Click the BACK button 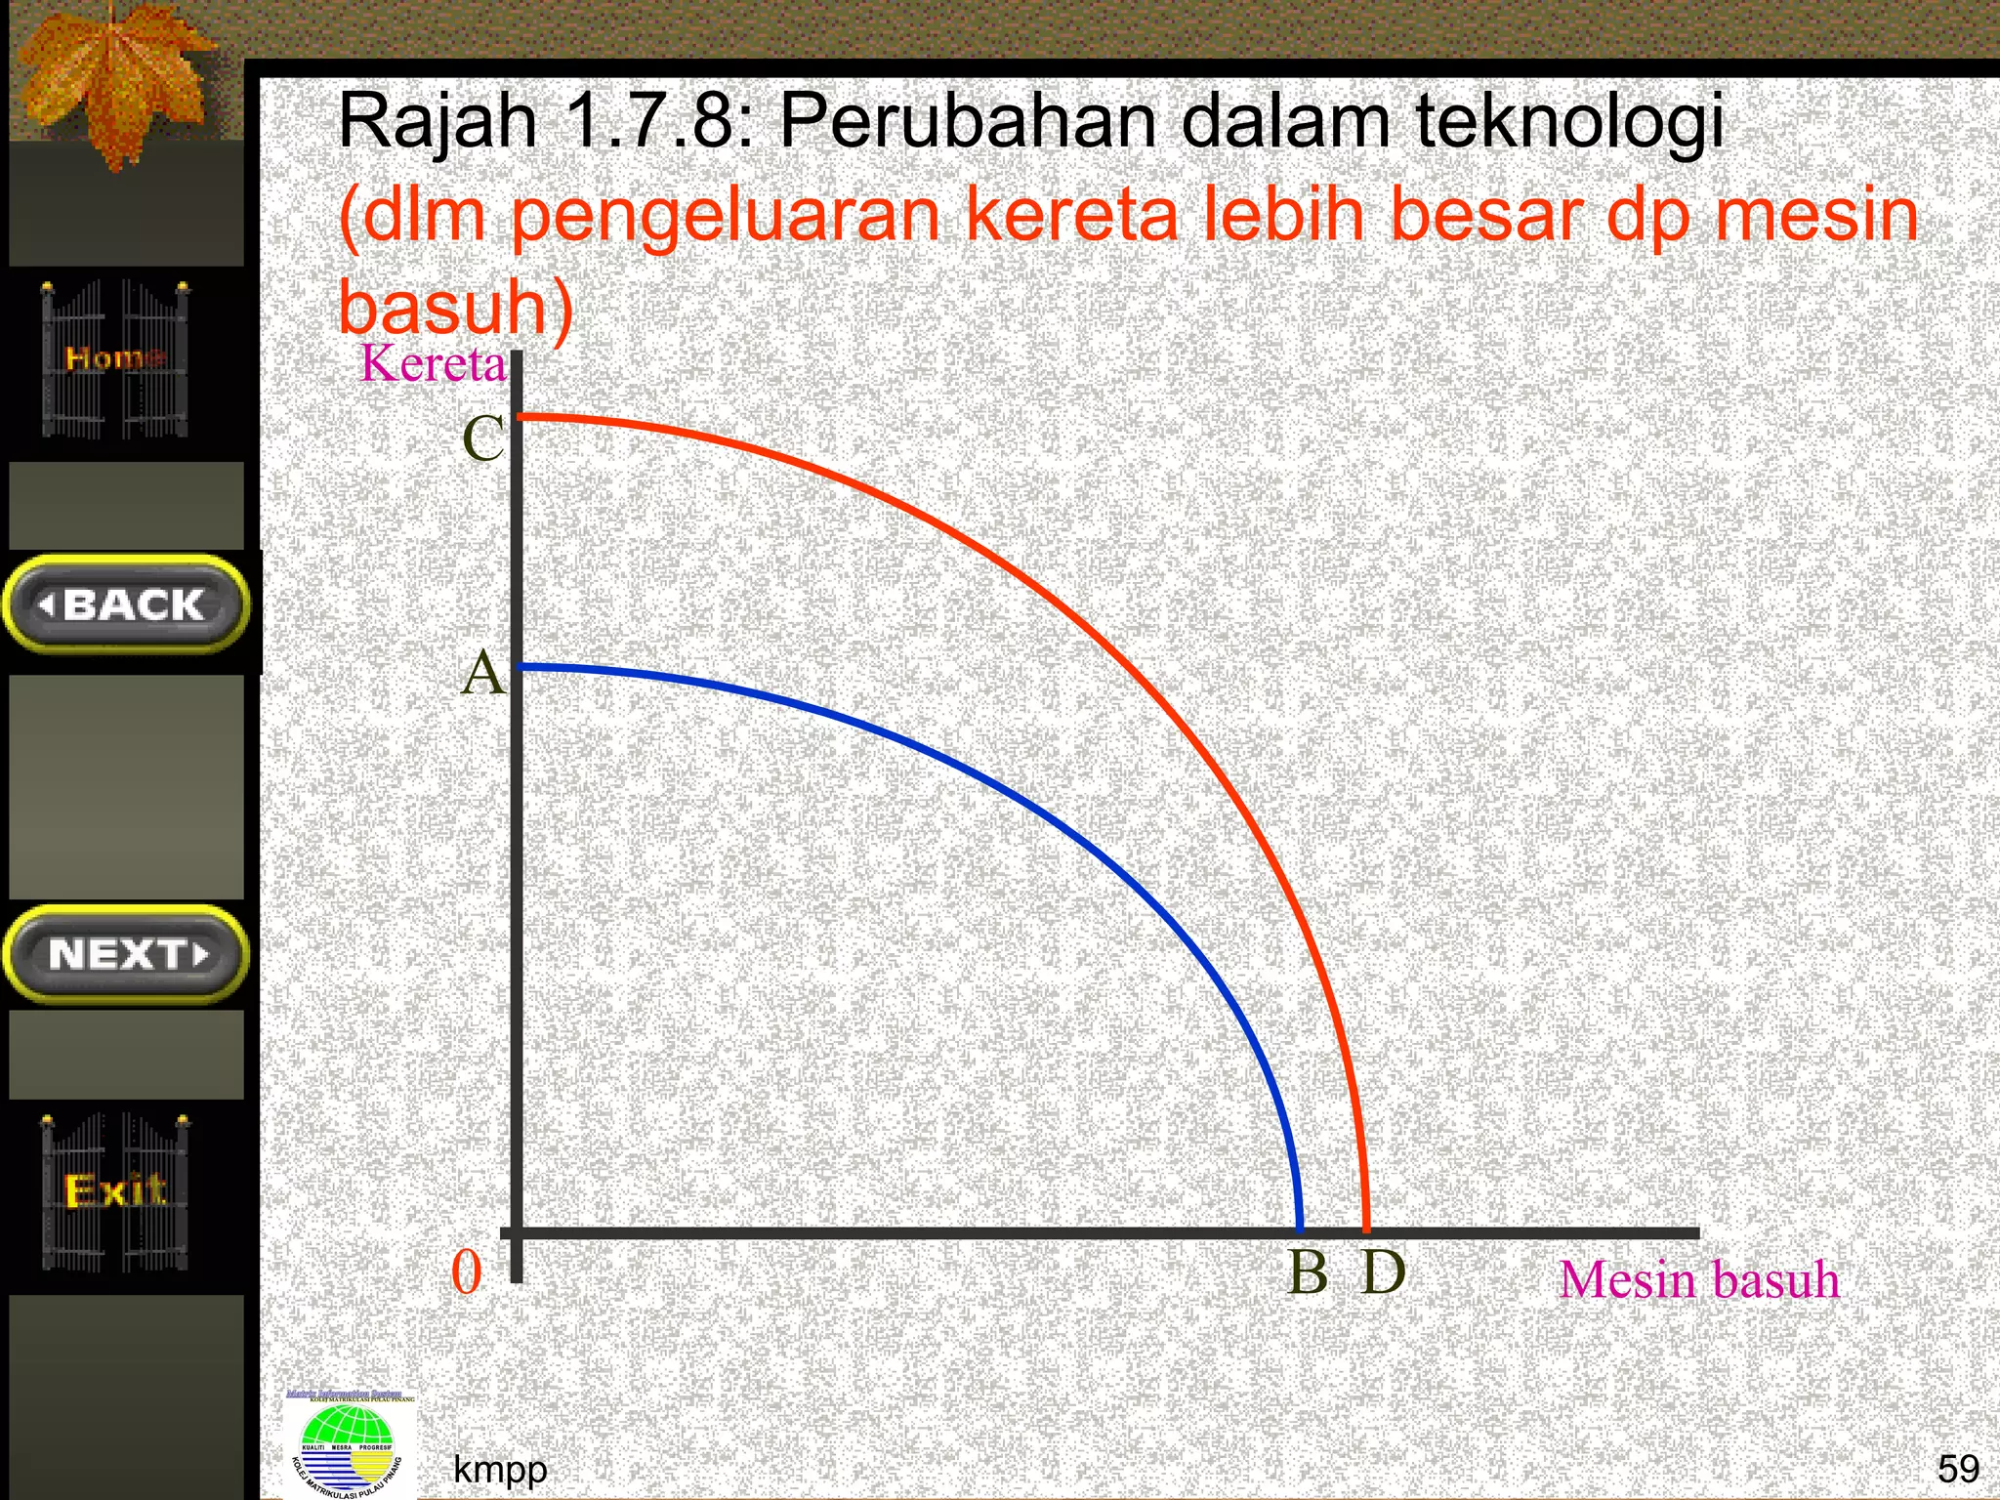[127, 605]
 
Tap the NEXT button [127, 954]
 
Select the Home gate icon [115, 358]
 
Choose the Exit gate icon [115, 1191]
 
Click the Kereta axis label [434, 364]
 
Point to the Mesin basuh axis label [1698, 1279]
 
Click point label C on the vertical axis [482, 438]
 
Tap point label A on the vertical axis [482, 674]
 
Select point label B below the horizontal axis [1308, 1272]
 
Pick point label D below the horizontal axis [1383, 1272]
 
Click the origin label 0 [467, 1273]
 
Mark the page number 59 [1958, 1469]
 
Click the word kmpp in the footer [500, 1469]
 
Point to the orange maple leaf [117, 83]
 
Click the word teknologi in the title [1569, 122]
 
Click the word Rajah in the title [437, 122]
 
